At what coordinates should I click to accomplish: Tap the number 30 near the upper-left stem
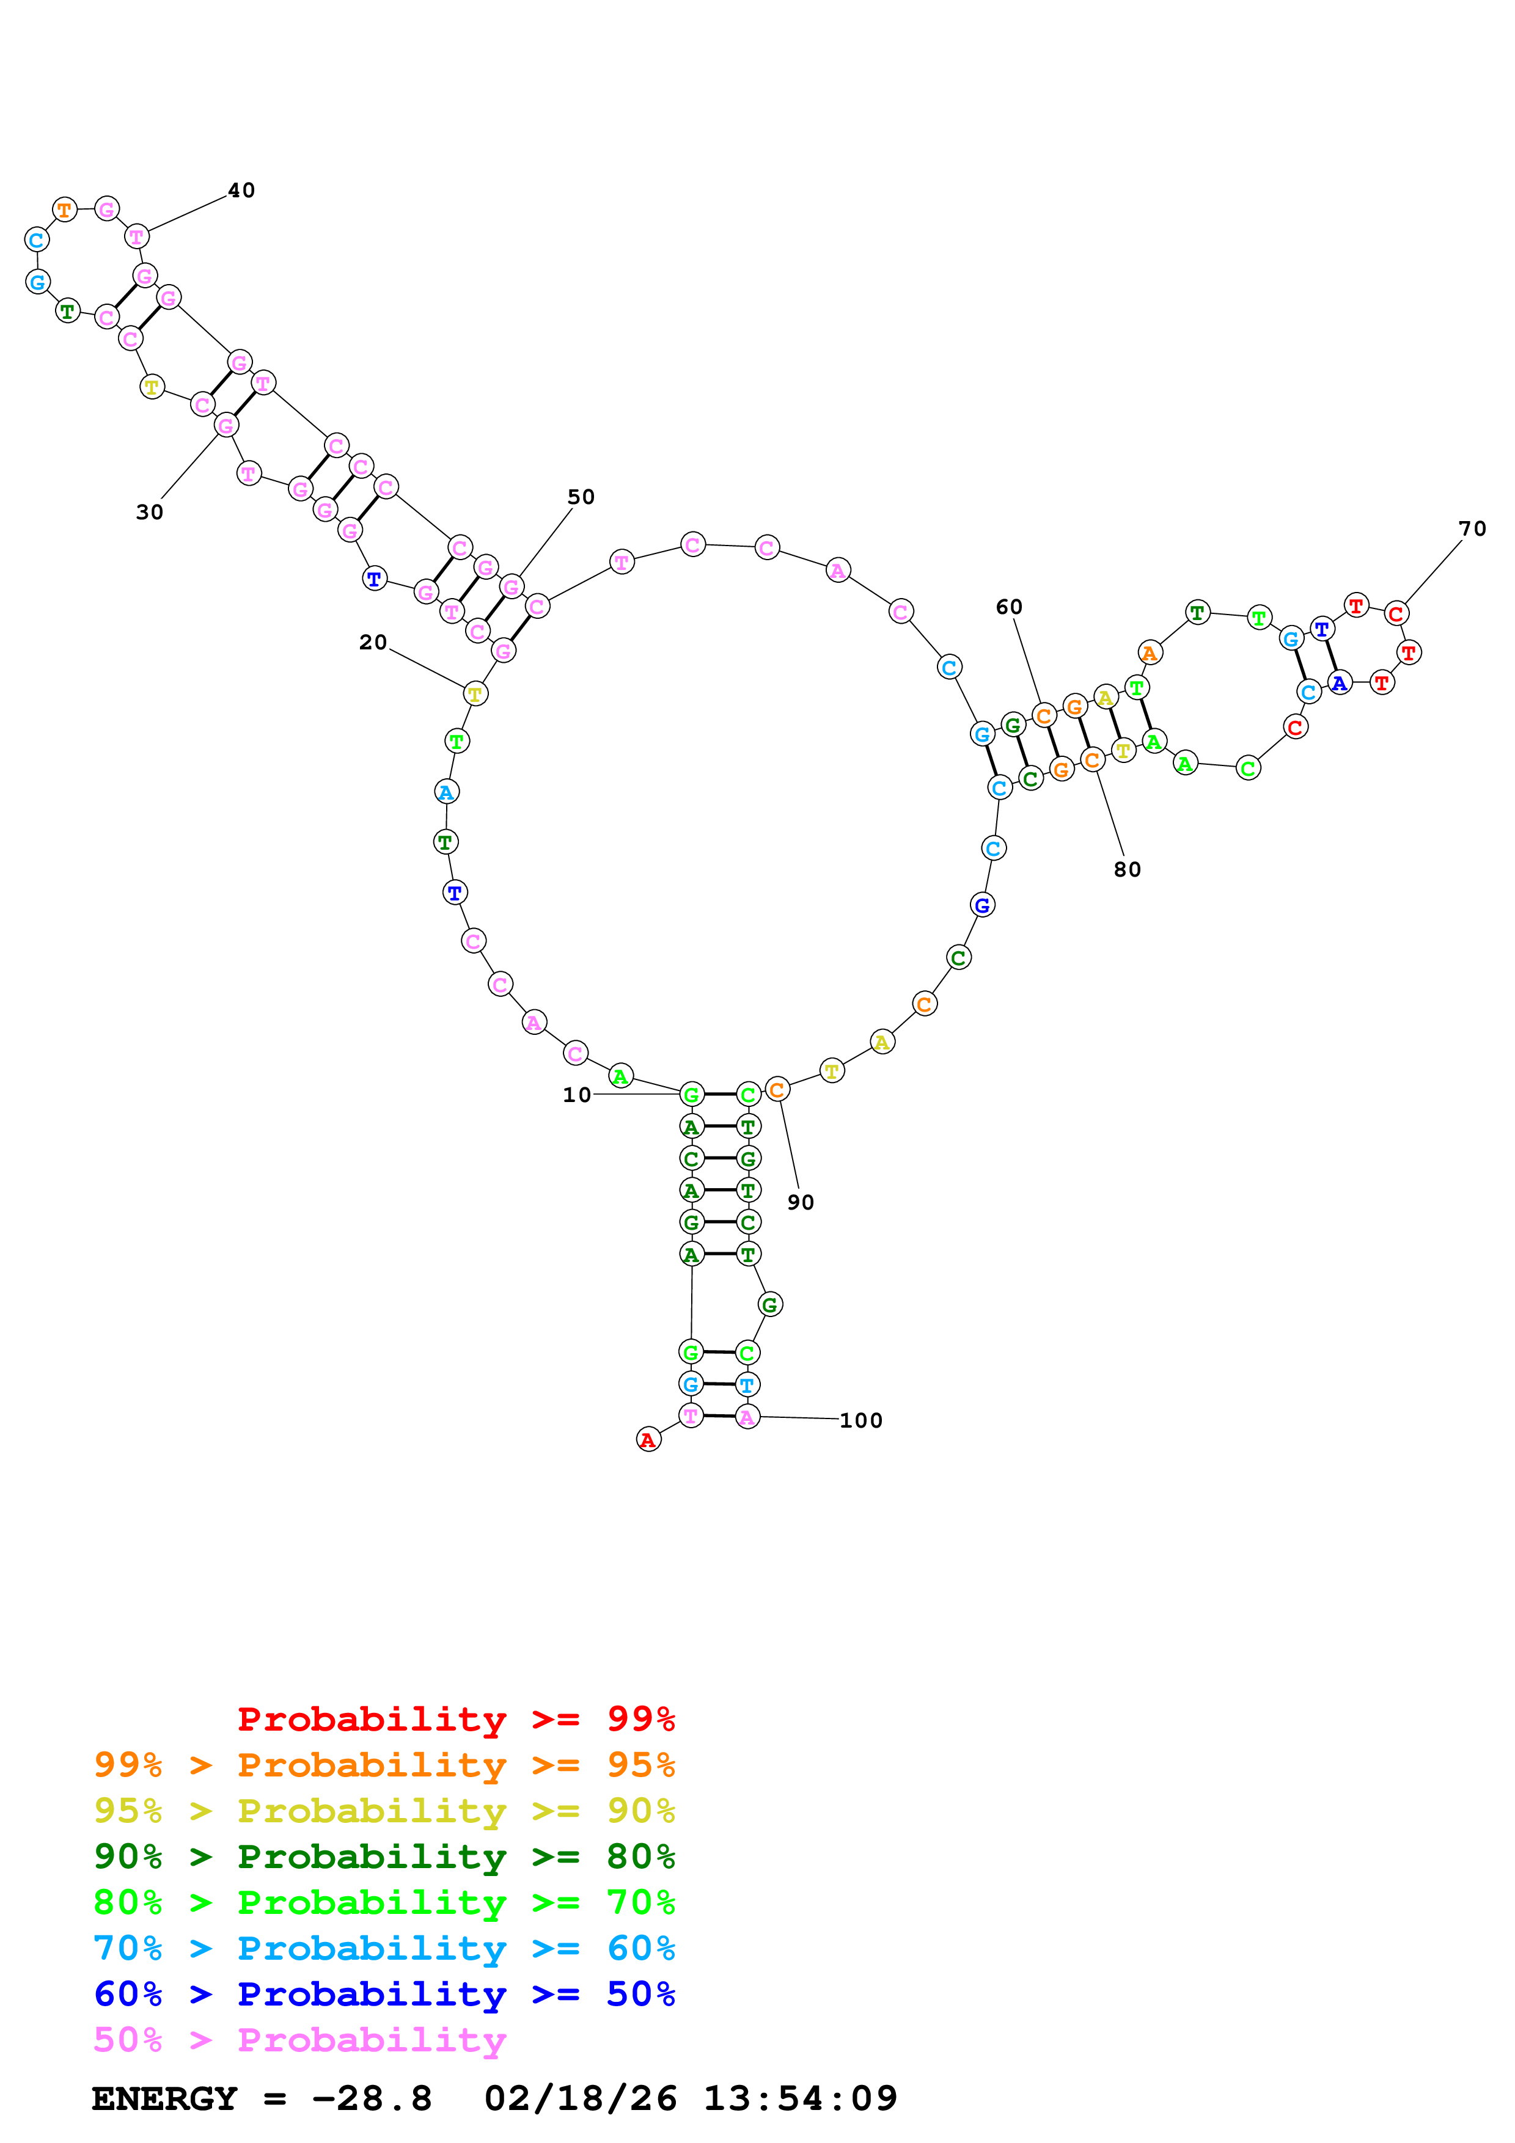[149, 513]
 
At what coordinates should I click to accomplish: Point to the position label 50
[581, 497]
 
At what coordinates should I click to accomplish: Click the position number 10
[577, 1095]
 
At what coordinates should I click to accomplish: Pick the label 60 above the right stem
[1009, 608]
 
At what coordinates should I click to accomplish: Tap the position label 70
[1472, 529]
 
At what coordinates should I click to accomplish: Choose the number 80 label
[1127, 870]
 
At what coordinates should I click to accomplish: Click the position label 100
[860, 1420]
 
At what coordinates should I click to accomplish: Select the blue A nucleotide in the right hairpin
[1340, 683]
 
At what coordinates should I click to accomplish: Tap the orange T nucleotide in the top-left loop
[64, 210]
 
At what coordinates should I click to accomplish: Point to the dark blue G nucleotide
[982, 905]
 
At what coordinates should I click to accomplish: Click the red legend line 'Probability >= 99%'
[455, 1719]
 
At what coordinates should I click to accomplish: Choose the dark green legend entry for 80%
[384, 1856]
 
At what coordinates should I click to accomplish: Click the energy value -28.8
[372, 2098]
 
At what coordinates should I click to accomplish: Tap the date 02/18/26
[580, 2098]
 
